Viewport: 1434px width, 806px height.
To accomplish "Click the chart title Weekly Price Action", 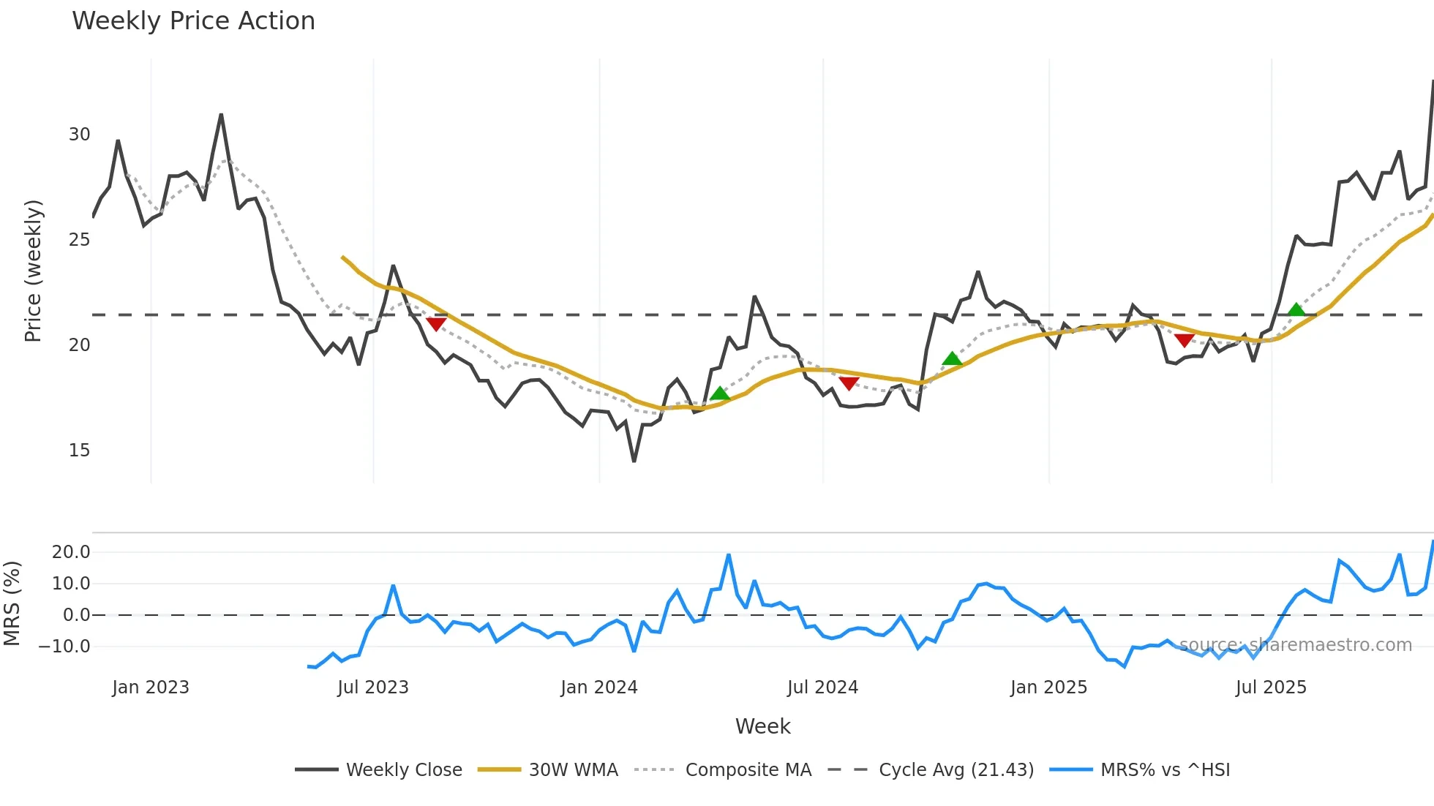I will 193,21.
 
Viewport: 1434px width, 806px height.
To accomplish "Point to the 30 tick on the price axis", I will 79,135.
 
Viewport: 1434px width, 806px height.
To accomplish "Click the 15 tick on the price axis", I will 79,451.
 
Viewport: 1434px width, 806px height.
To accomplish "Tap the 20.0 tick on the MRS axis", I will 71,552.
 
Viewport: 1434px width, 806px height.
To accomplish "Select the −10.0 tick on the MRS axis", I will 66,647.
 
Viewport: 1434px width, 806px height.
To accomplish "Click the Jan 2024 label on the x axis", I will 599,688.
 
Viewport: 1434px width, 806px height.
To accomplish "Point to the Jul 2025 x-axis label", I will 1271,688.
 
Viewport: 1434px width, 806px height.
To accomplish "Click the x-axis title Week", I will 762,726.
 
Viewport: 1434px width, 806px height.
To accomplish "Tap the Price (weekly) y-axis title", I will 34,271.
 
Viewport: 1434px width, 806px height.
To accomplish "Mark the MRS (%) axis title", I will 12,603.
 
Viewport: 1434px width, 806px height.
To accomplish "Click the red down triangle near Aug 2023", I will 436,324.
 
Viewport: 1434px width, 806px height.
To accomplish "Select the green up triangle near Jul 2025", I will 1296,309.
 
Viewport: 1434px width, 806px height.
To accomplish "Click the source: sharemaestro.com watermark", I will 1295,645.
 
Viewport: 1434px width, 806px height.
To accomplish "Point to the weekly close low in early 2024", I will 634,461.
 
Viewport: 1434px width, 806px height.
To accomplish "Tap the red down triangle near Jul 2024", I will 849,383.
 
